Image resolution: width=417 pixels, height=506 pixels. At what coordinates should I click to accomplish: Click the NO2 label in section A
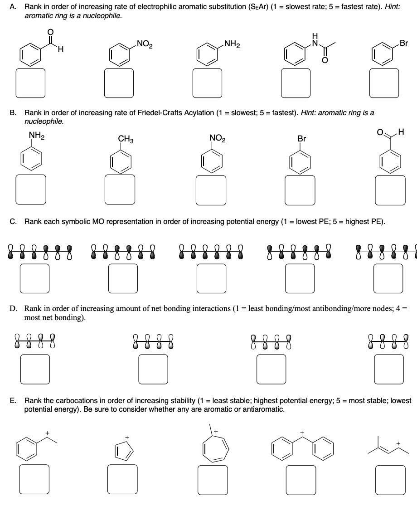tap(145, 44)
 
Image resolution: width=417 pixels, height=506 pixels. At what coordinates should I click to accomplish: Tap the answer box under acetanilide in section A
tap(296, 83)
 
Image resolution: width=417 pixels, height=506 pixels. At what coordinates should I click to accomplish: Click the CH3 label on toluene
tap(125, 139)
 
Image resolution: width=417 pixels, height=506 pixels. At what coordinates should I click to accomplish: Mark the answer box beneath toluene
tap(120, 189)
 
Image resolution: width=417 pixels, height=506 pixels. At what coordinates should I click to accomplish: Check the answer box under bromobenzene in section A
tap(384, 83)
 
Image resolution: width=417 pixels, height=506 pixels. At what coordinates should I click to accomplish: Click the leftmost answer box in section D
tap(35, 368)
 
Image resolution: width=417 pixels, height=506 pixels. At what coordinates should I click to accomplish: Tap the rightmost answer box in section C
tap(388, 277)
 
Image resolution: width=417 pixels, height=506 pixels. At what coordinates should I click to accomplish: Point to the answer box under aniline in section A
tap(208, 83)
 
